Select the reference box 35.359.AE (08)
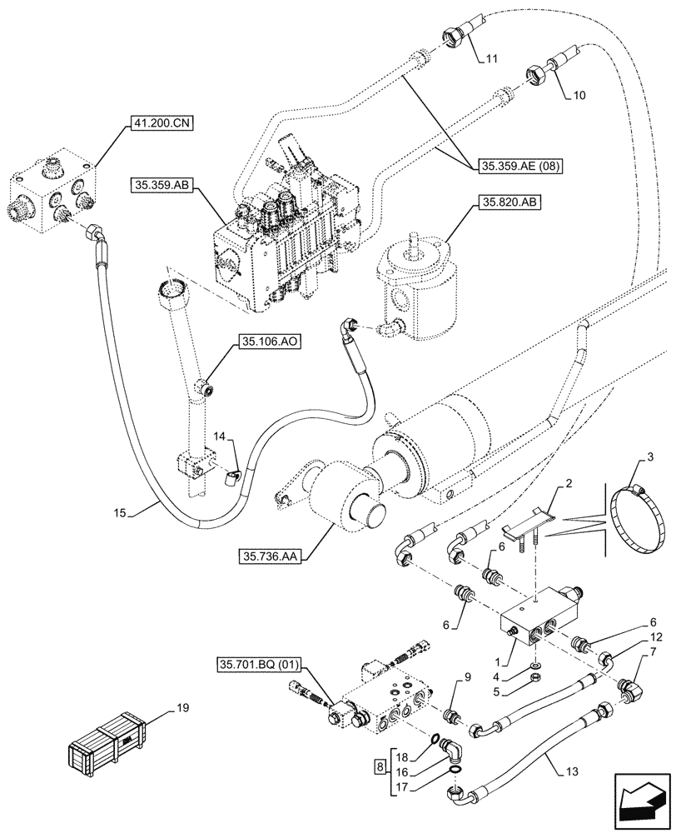click(521, 166)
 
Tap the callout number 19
click(182, 708)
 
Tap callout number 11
click(492, 58)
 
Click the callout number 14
click(218, 436)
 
